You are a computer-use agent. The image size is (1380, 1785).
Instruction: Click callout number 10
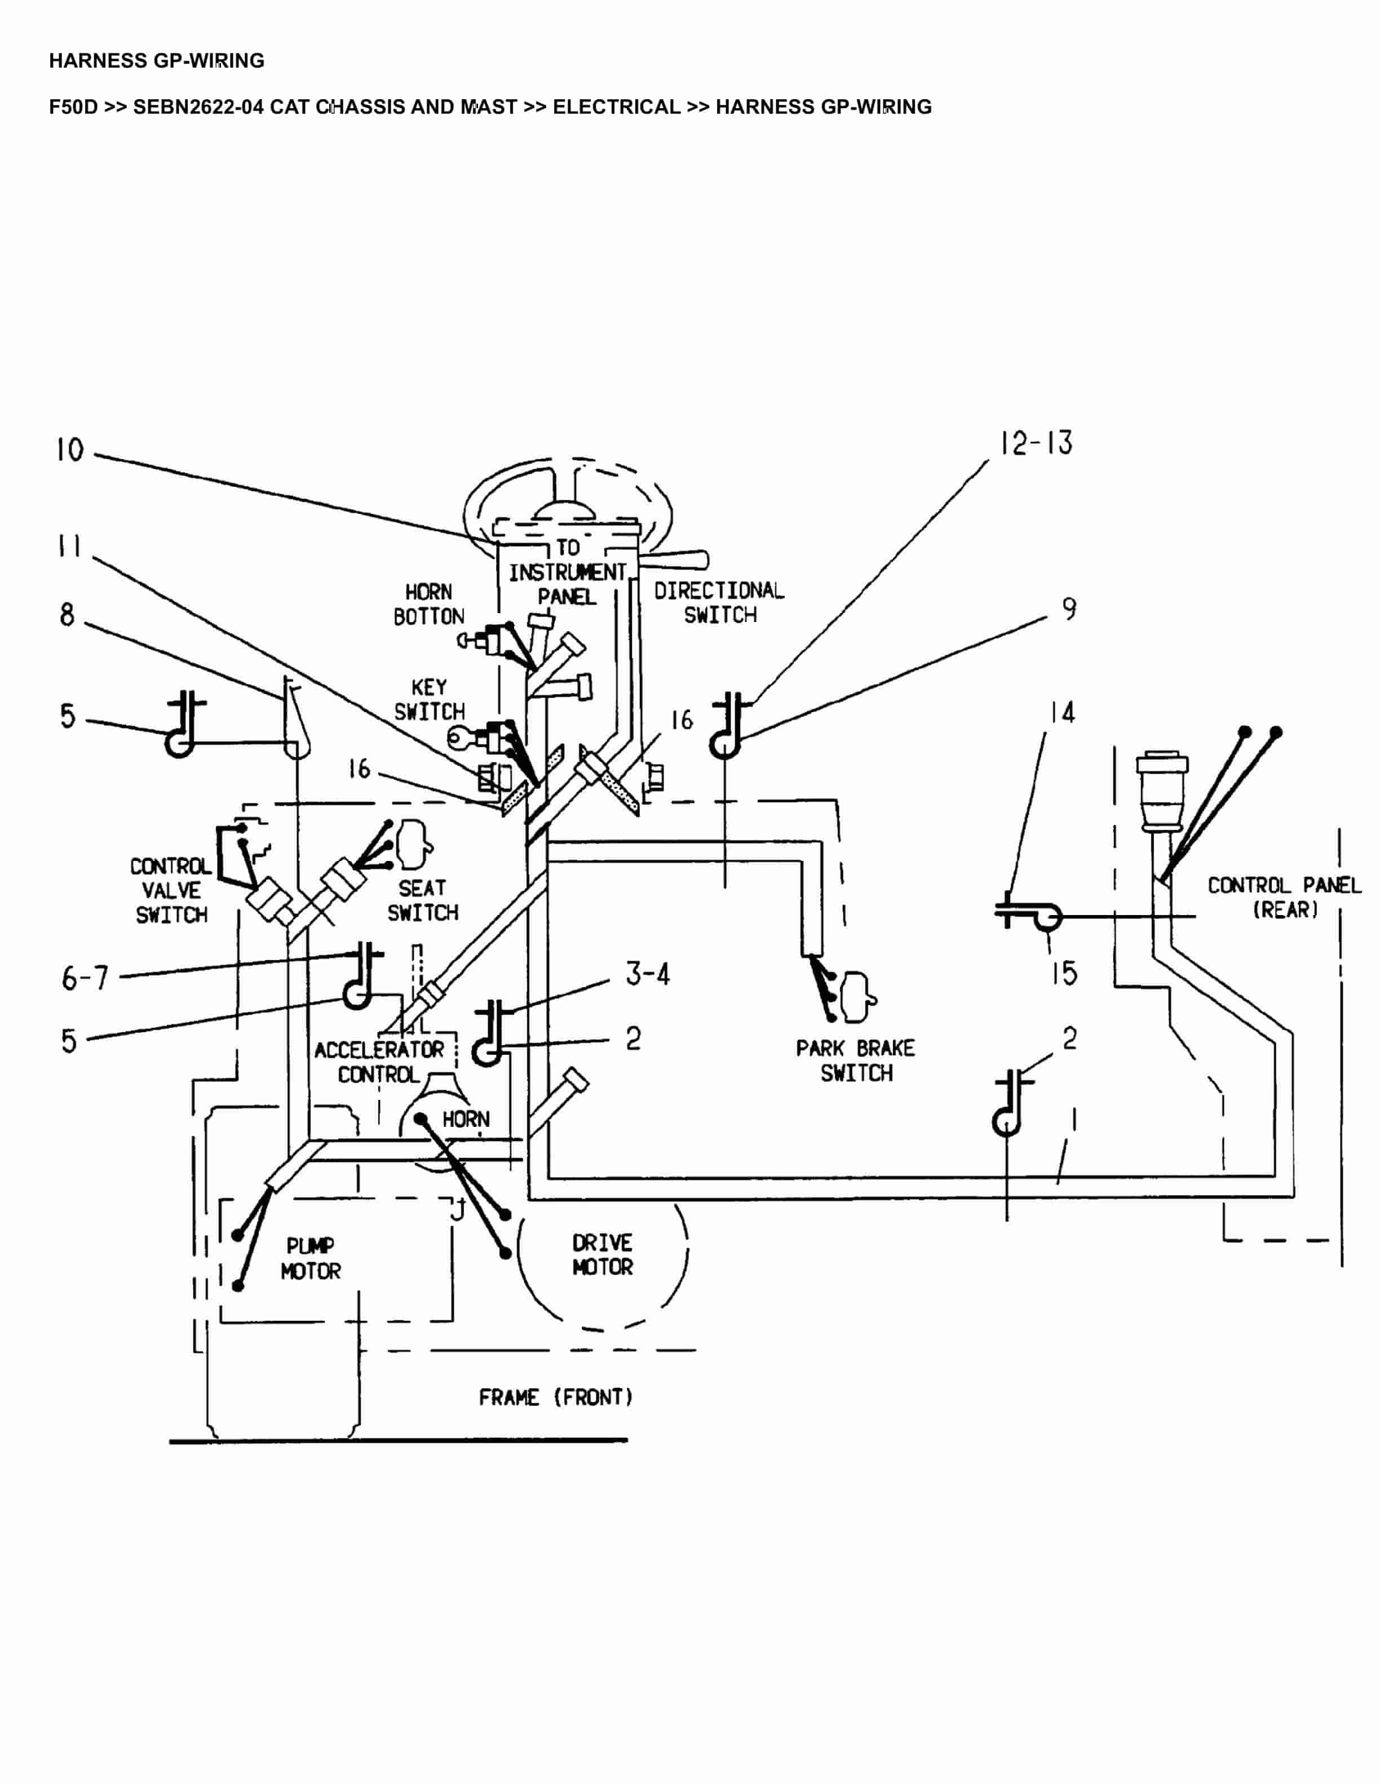click(x=70, y=450)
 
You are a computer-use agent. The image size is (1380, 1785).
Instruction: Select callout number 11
click(x=69, y=546)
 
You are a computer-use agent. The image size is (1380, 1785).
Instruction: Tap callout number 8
click(x=67, y=615)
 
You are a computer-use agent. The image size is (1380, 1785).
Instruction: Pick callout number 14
click(x=1062, y=713)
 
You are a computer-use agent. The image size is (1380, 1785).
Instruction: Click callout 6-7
click(x=85, y=978)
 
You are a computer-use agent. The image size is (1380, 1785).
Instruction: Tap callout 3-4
click(x=648, y=974)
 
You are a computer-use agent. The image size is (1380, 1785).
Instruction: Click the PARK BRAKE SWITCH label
click(x=855, y=1061)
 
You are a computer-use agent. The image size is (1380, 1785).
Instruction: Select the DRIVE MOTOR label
click(x=603, y=1255)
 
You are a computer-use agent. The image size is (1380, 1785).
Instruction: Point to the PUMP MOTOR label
click(x=310, y=1259)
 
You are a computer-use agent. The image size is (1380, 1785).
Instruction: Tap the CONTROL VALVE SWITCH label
click(x=171, y=890)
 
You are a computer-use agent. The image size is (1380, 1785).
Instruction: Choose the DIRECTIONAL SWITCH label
click(x=719, y=602)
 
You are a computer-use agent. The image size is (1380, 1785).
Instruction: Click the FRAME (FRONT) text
click(x=556, y=1397)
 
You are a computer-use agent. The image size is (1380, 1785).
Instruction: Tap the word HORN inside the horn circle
click(x=466, y=1119)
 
